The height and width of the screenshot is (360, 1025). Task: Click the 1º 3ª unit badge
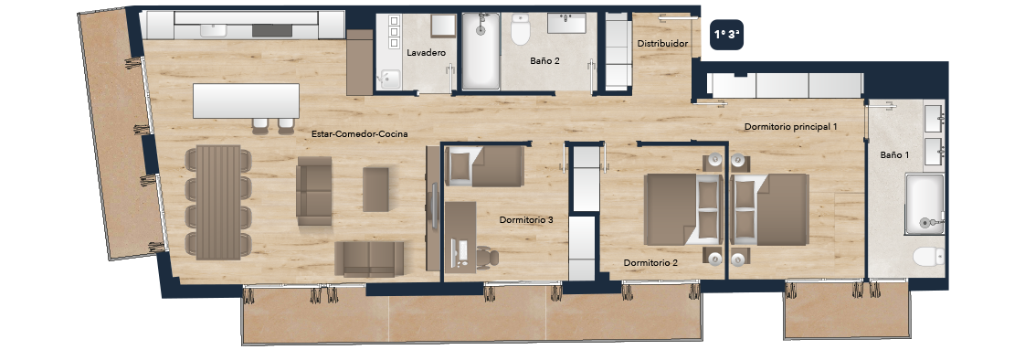727,35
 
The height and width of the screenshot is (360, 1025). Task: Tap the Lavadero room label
427,52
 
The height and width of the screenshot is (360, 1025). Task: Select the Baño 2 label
544,61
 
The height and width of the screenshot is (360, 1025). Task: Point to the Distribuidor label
662,44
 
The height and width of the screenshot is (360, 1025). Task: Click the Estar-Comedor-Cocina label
360,134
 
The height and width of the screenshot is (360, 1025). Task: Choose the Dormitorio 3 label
526,220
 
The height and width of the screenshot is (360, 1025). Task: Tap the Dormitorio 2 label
650,262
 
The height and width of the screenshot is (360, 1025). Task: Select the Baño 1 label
894,154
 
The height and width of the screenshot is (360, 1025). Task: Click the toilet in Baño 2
521,30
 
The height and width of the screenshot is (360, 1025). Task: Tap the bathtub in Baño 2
481,50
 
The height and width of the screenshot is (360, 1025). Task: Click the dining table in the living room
218,202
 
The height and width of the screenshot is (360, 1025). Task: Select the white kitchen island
246,101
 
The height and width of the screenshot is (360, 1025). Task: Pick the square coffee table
375,189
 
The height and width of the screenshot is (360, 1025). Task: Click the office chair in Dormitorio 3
486,256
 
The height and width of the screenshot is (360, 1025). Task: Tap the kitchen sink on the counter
213,30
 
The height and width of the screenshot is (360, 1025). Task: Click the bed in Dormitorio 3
484,166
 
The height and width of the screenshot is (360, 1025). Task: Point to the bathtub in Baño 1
925,204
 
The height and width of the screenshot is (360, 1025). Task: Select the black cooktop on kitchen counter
268,30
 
